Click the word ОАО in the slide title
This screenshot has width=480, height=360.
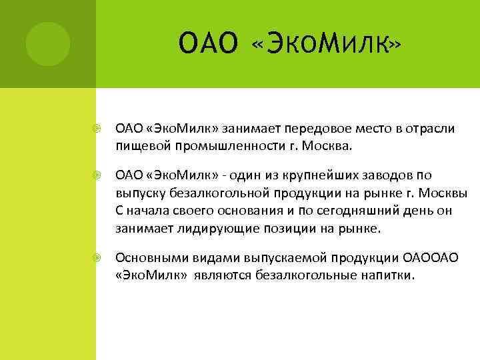coord(208,45)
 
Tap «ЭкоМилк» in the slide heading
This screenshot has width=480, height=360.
coord(327,45)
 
